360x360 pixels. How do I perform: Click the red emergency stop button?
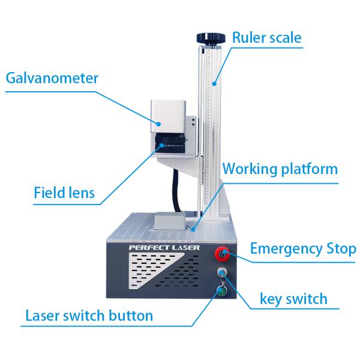coord(222,254)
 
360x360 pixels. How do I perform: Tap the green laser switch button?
coord(222,291)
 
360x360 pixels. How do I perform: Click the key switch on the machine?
coord(222,272)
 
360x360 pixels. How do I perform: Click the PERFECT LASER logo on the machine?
coord(164,247)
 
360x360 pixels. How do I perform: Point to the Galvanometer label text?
coord(52,78)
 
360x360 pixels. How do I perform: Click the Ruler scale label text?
coord(267,38)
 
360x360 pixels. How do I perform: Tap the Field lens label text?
coord(64,193)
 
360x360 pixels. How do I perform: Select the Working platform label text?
coord(280,169)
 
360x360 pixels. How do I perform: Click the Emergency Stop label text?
coord(303,249)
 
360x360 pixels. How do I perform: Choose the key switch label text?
coord(293,299)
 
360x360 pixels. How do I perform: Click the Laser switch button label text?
coord(89,316)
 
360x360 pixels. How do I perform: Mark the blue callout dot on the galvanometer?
coord(158,124)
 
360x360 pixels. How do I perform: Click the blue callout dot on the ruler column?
coord(214,84)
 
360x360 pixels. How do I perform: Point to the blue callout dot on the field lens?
coord(162,145)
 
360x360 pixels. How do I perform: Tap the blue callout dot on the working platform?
coord(193,229)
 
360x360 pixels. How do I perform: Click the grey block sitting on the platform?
coord(170,221)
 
